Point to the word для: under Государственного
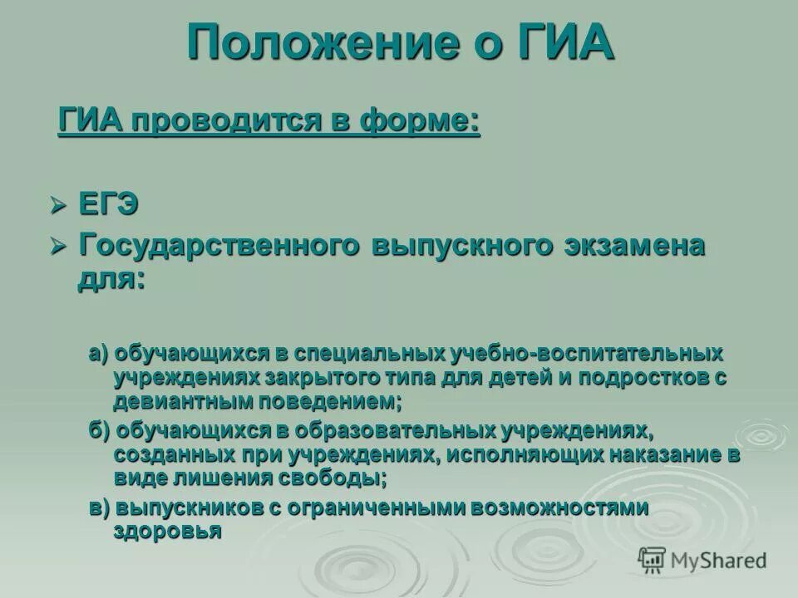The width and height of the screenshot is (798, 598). (111, 278)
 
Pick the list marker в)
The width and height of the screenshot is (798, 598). (100, 507)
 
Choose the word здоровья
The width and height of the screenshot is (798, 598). (168, 532)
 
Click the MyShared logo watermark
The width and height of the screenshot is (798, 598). (702, 559)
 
